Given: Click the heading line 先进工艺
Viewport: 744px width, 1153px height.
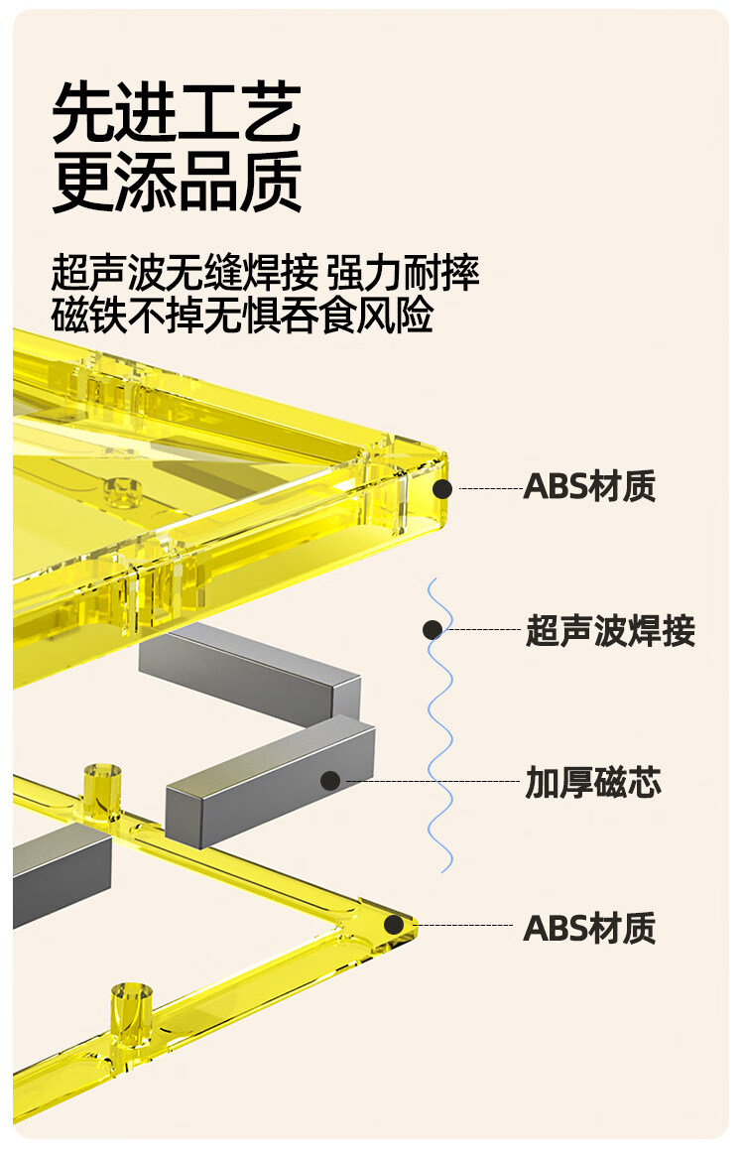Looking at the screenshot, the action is (x=177, y=112).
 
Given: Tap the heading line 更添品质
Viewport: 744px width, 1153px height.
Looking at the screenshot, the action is (x=177, y=181).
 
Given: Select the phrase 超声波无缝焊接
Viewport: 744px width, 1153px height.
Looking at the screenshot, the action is (x=185, y=272).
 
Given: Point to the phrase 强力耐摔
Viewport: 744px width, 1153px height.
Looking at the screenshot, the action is (x=403, y=272).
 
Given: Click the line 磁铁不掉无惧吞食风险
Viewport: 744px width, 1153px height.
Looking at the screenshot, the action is (x=243, y=315).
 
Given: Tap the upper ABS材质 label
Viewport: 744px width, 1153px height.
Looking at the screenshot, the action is (x=589, y=487).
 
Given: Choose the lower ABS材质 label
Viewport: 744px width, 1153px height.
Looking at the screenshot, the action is (x=589, y=928).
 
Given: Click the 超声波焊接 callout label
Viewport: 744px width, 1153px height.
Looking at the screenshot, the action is (x=610, y=631).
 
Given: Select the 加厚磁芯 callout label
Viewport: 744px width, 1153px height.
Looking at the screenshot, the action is (x=592, y=782).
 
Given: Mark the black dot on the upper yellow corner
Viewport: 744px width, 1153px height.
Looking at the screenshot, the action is (x=441, y=489).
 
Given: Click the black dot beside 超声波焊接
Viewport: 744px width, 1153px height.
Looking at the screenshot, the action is (x=433, y=629).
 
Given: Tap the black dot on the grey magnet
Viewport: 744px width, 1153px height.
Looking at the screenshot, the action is (x=330, y=781).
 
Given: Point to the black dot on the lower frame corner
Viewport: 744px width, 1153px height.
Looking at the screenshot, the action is (x=394, y=925).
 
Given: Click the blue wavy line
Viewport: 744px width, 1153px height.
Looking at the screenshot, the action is (x=440, y=725).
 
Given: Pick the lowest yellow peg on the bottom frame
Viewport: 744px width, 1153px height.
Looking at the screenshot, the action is (x=132, y=1013).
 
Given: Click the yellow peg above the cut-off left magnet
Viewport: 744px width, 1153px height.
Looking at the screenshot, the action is (x=102, y=791).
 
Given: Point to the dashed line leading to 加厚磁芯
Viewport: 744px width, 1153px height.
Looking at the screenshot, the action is (x=433, y=781).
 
